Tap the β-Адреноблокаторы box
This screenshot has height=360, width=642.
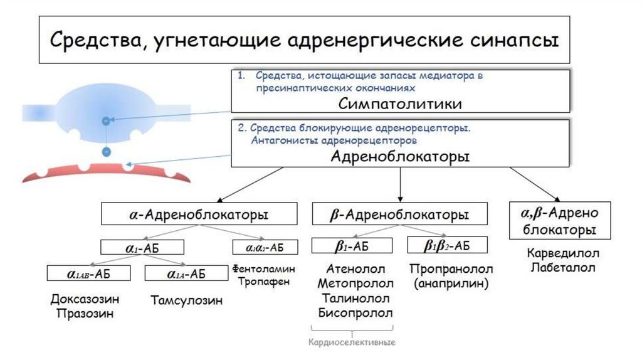(399, 214)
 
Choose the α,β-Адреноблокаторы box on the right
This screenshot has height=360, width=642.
(560, 221)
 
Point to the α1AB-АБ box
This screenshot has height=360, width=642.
(88, 273)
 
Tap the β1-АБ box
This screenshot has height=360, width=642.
(353, 245)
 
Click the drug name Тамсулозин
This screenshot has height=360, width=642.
(187, 300)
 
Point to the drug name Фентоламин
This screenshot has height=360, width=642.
(263, 268)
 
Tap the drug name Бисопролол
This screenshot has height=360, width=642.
(355, 312)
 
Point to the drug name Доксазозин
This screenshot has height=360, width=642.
(85, 299)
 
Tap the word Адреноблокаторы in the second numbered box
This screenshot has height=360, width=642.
(401, 156)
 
